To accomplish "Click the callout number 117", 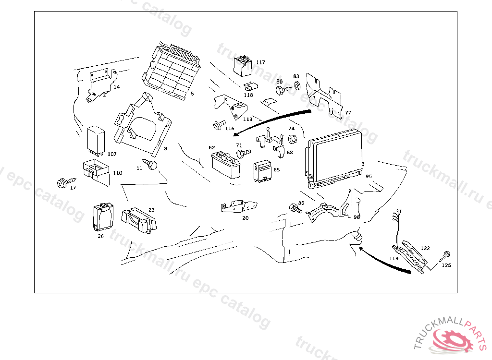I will tap(260, 62).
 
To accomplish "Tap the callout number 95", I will tap(369, 176).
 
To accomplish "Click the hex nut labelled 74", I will tap(292, 139).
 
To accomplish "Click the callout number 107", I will tap(112, 154).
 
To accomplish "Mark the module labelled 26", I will tap(102, 217).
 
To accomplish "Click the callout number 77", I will tap(348, 113).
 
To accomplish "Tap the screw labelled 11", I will tap(152, 165).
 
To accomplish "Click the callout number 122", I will tap(425, 248).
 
